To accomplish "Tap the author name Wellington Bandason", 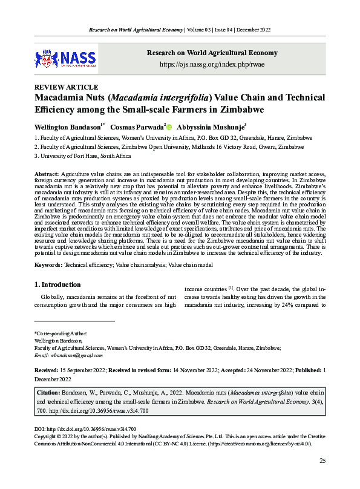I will [x=66, y=127].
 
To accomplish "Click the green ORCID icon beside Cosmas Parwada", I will [x=169, y=127].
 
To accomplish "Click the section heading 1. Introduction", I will [x=57, y=284].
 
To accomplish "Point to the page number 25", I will [x=322, y=462].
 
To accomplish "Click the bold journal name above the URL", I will [x=212, y=53].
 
